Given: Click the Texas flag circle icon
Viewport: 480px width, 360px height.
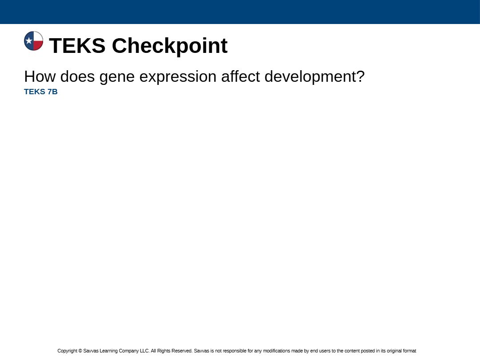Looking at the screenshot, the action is pos(34,41).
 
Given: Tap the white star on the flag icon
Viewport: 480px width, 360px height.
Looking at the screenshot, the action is pos(29,40).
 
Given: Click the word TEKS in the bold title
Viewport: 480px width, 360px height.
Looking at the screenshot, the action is pos(77,46).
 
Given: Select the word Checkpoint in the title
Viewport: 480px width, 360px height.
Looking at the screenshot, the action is pos(170,46).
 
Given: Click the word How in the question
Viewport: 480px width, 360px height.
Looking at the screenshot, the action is pos(40,76).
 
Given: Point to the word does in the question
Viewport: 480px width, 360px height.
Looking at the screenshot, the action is pos(77,76).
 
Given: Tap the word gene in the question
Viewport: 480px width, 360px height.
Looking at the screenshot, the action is pos(117,78).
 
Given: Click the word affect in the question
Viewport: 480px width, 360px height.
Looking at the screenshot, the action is pos(240,76).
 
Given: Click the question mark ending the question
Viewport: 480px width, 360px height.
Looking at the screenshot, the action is pos(360,76).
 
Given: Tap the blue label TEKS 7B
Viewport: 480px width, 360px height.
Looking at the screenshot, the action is pos(41,92).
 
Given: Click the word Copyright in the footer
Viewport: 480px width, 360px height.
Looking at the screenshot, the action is pos(68,351).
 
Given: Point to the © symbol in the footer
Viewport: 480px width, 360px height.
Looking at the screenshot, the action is pos(80,351).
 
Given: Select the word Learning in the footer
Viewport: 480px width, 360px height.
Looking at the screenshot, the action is pos(109,351).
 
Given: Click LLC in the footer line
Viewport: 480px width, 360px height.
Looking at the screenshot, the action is pos(145,351).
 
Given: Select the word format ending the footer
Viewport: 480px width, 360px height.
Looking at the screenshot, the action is pos(410,351).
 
